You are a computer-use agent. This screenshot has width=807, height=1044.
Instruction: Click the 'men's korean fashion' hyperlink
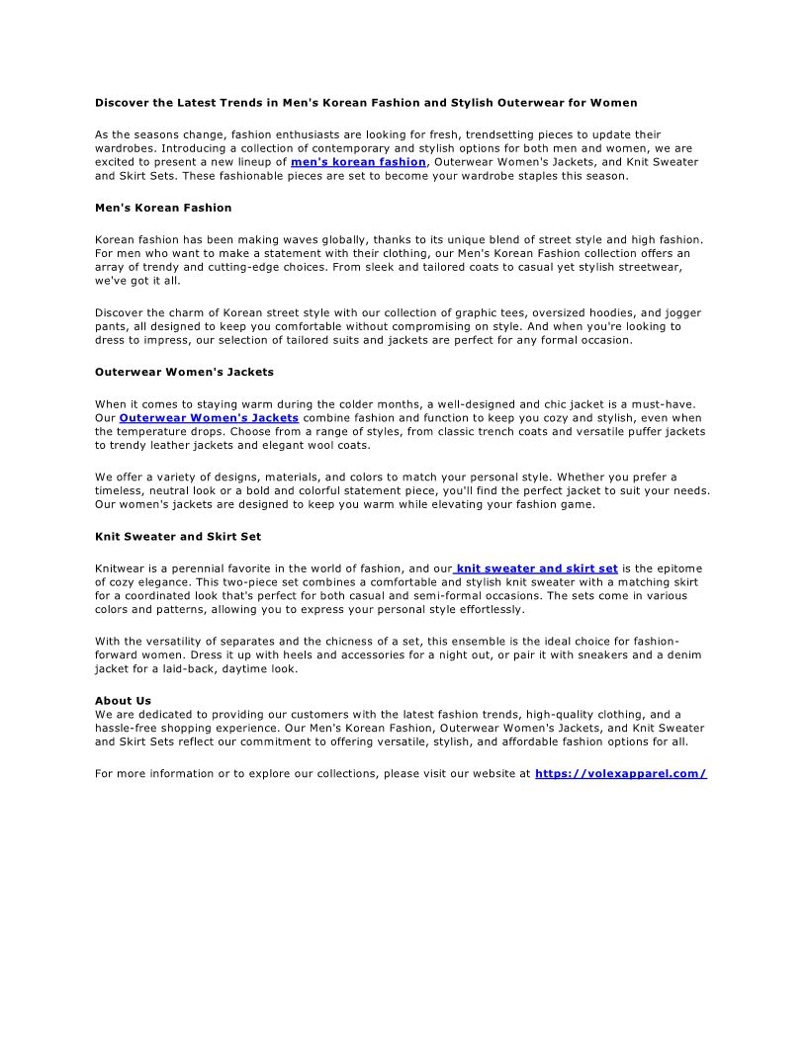[x=358, y=161]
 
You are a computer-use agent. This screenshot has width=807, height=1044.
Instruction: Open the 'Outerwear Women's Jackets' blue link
[x=209, y=418]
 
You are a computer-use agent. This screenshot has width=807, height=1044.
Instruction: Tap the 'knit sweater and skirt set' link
[x=537, y=568]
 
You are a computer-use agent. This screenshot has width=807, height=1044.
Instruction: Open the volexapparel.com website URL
[x=620, y=774]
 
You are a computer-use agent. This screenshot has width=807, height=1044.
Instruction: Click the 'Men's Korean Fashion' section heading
[x=163, y=208]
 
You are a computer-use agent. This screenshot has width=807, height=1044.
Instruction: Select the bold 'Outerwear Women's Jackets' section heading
[x=184, y=372]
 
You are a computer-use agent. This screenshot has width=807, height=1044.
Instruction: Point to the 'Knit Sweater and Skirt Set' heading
[x=178, y=537]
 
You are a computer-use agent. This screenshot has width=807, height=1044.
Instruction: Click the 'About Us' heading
[x=123, y=701]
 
